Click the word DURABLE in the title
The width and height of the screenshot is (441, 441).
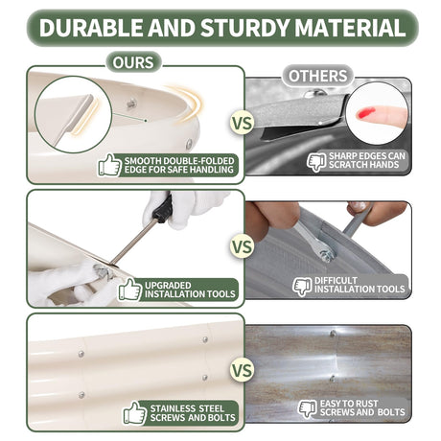(91, 28)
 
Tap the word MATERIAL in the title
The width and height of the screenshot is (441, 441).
(350, 28)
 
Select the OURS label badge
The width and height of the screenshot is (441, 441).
(133, 62)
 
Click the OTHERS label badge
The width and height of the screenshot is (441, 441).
(317, 76)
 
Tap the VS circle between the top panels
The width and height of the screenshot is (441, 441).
(242, 124)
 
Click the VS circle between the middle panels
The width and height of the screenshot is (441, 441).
(242, 247)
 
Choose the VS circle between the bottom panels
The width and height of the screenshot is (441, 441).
(242, 370)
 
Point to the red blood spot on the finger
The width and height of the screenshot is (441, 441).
(365, 112)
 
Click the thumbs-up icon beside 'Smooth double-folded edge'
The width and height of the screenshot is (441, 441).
(109, 165)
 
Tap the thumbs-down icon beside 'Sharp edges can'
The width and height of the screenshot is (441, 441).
(316, 162)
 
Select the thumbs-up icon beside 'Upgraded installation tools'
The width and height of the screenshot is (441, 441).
(130, 290)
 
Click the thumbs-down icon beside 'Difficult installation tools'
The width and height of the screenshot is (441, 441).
(302, 287)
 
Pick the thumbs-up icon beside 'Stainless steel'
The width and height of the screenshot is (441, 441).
(135, 413)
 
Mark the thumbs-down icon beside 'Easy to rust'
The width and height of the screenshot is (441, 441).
(307, 408)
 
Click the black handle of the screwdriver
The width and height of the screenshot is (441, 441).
(163, 210)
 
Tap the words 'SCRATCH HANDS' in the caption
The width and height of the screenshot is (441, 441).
(363, 165)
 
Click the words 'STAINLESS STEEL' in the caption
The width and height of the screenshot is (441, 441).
(187, 408)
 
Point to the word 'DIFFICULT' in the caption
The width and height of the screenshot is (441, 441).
(336, 281)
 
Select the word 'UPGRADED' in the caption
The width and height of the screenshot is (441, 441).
(168, 286)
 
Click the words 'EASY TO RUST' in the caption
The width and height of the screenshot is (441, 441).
(349, 404)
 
